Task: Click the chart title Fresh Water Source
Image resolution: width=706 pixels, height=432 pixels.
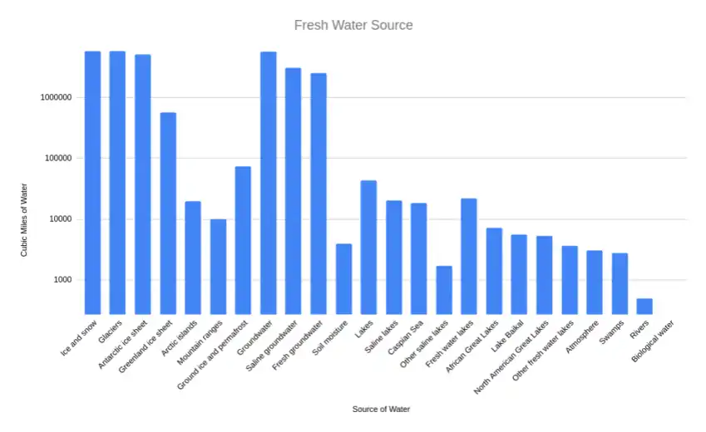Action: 353,25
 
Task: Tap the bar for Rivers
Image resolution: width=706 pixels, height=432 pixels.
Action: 644,306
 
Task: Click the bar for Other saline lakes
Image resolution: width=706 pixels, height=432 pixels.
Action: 444,290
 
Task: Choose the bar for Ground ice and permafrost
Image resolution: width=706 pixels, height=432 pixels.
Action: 243,240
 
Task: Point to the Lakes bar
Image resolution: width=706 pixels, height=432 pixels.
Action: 368,247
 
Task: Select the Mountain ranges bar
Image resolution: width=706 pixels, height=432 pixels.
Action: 218,266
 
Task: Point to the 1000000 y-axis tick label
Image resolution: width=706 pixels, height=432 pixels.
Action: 56,97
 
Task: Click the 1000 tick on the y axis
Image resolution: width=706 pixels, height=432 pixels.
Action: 62,280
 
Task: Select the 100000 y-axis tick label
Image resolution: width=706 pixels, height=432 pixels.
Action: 57,158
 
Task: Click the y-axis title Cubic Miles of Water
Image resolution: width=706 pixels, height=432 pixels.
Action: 25,219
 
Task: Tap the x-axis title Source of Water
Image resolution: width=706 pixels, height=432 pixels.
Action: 381,409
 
